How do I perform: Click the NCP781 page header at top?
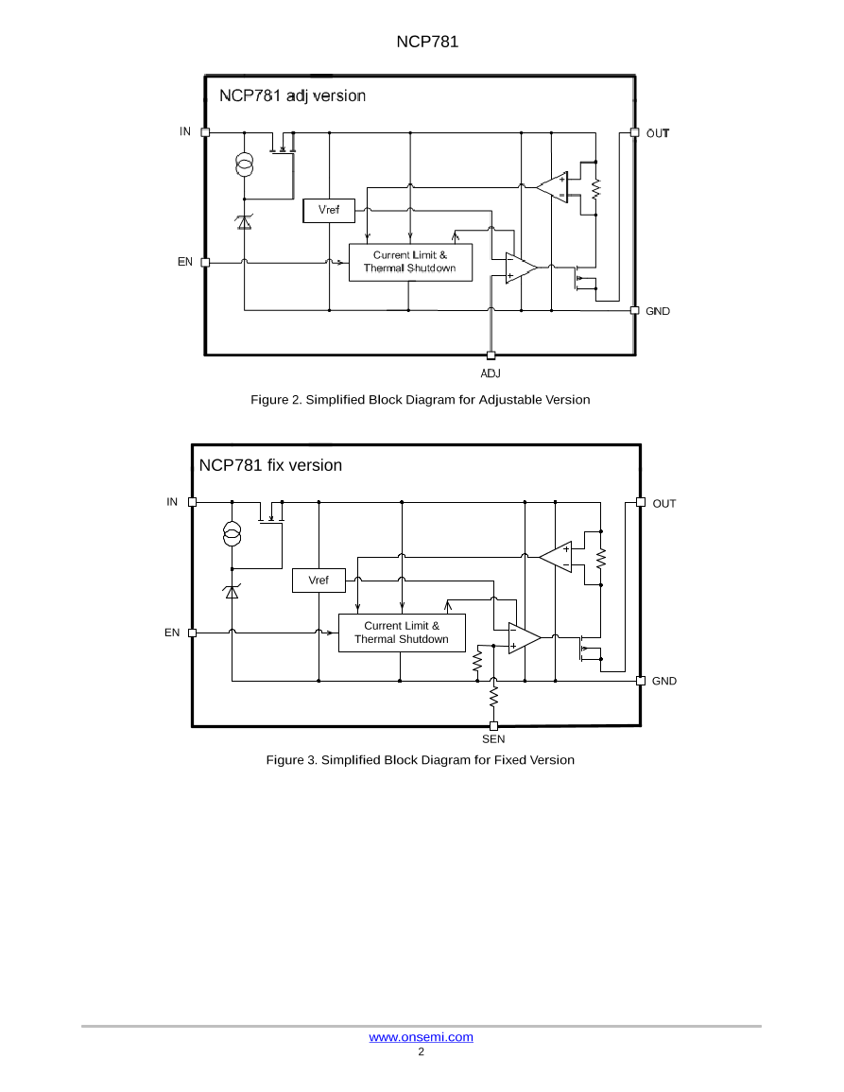[422, 42]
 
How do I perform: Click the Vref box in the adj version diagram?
[329, 210]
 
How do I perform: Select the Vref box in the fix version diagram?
[319, 581]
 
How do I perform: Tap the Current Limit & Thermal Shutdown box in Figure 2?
[409, 262]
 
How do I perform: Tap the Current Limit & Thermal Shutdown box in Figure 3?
[402, 633]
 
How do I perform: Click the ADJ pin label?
[491, 373]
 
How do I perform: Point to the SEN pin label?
[493, 739]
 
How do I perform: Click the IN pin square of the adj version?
[205, 132]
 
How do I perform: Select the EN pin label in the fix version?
[172, 633]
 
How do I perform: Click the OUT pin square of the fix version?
[641, 502]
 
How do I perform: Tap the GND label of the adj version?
[658, 311]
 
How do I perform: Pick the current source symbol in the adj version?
[245, 166]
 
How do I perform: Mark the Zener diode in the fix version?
[232, 592]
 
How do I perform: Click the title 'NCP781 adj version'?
[292, 95]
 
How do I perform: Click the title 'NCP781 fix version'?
[270, 465]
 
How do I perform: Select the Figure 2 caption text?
[420, 400]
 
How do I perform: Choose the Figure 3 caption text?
[420, 760]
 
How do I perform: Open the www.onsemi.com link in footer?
[421, 1037]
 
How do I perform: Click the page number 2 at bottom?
[422, 1051]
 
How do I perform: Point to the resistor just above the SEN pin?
[493, 698]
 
